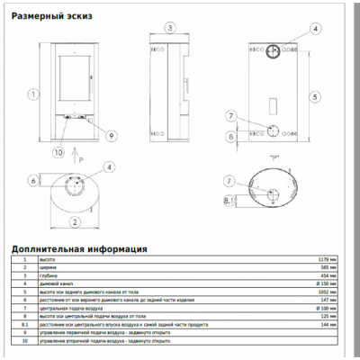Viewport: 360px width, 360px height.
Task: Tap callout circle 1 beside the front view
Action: point(31,94)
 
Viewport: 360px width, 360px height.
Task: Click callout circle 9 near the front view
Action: point(112,135)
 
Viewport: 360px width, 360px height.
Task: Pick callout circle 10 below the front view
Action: point(58,153)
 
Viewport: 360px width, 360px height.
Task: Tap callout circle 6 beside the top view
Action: point(33,180)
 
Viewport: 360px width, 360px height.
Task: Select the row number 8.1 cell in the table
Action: point(24,326)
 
